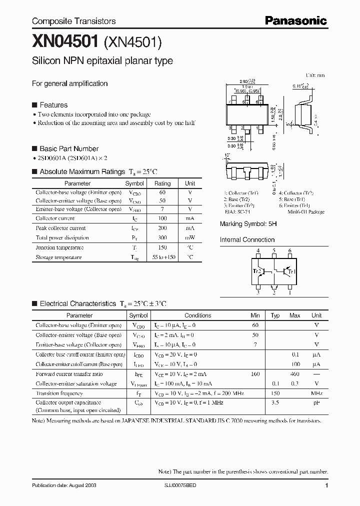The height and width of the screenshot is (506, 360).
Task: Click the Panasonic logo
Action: pyautogui.click(x=295, y=21)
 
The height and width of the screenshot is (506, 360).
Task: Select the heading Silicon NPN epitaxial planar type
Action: pyautogui.click(x=102, y=61)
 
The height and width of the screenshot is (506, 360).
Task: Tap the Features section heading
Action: pyautogui.click(x=53, y=105)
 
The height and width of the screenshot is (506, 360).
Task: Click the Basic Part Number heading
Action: pyautogui.click(x=68, y=148)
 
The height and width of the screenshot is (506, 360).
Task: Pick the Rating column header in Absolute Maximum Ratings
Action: pyautogui.click(x=162, y=183)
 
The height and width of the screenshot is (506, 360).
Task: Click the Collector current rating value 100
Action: pyautogui.click(x=162, y=218)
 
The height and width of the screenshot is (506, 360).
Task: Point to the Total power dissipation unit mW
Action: pyautogui.click(x=190, y=238)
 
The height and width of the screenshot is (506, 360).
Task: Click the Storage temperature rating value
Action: pyautogui.click(x=162, y=257)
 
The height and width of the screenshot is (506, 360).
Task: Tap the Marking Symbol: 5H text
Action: pyautogui.click(x=248, y=224)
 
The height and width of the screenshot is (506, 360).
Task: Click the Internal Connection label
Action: pyautogui.click(x=247, y=239)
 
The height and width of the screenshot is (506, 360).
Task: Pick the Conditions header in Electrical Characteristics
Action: pyautogui.click(x=197, y=315)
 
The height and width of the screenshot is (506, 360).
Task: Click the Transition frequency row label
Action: pyautogui.click(x=59, y=393)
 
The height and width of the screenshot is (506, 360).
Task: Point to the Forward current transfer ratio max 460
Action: pyautogui.click(x=295, y=374)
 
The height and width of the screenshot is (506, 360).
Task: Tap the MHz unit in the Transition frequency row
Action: pyautogui.click(x=316, y=393)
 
